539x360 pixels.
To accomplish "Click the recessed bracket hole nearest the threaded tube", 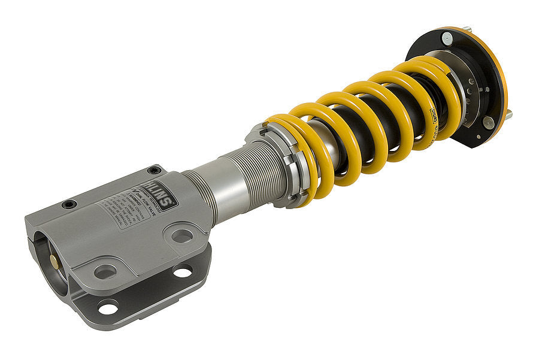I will click(181, 235).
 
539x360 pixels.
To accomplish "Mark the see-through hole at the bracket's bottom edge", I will click(108, 308).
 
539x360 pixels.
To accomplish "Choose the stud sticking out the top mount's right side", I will click(508, 113).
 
